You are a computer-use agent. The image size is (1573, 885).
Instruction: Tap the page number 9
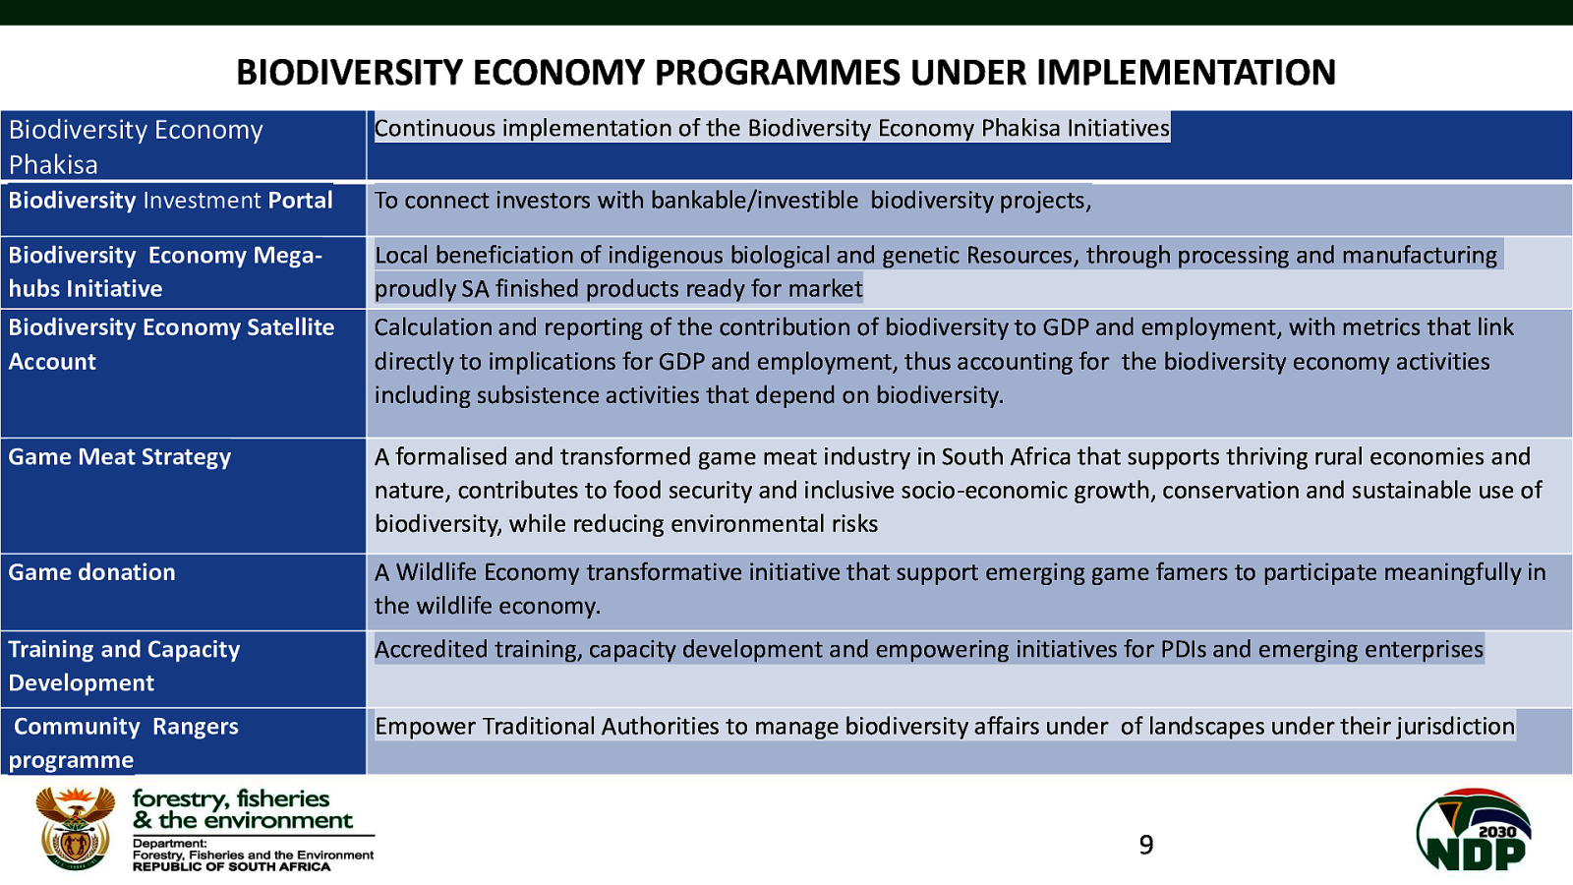1146,845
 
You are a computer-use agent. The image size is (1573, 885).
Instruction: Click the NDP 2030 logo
1474,829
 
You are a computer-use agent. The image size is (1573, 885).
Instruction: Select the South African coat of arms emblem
76,828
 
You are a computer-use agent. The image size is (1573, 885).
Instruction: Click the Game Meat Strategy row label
119,457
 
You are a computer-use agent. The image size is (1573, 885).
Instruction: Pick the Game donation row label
92,572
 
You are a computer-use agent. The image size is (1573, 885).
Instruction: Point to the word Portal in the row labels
300,201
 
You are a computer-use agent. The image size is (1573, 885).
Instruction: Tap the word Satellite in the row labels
290,327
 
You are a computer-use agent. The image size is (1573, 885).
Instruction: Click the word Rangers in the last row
196,727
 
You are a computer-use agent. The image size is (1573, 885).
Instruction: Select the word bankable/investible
754,201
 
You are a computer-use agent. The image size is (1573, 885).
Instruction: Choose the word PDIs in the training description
1184,650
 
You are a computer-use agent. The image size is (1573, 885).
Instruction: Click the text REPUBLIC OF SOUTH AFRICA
232,866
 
